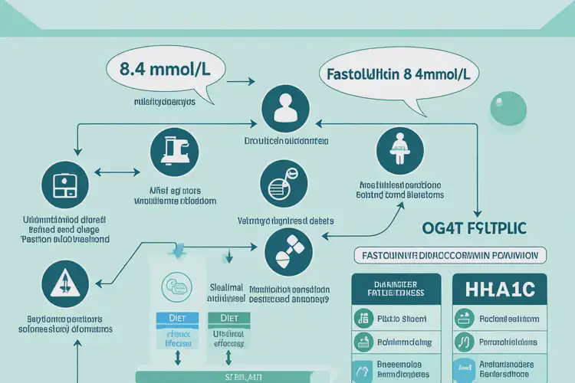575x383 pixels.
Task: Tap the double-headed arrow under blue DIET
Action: [177, 358]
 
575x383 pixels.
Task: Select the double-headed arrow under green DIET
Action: [228, 358]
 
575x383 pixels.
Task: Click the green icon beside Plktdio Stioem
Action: [363, 317]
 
